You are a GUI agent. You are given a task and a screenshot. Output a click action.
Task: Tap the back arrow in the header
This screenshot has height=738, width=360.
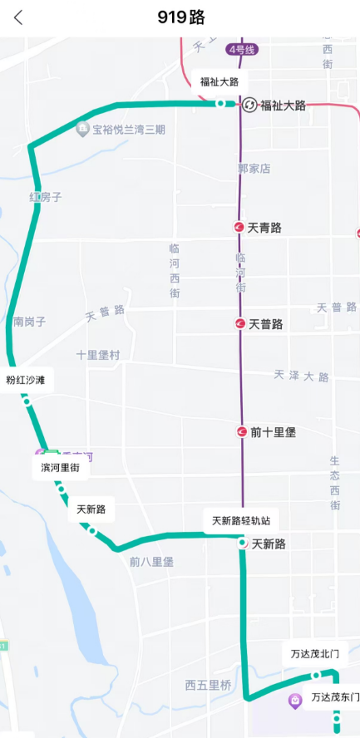(x=18, y=17)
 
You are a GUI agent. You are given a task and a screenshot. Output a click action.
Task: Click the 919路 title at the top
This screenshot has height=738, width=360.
(x=180, y=17)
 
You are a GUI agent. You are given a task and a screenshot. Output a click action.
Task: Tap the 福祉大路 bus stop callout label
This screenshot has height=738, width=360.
(x=219, y=81)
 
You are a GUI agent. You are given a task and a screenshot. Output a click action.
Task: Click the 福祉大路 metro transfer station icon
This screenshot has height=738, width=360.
(x=249, y=105)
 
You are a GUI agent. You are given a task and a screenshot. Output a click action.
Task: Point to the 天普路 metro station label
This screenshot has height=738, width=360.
(x=266, y=324)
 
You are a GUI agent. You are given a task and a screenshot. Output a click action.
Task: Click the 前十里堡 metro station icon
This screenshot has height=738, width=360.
(x=240, y=432)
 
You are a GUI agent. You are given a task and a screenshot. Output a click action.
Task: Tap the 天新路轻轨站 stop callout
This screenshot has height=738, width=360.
(x=241, y=521)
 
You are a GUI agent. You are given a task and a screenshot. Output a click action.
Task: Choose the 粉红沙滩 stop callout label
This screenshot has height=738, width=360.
(x=26, y=380)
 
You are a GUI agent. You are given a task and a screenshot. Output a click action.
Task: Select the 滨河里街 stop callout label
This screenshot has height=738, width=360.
(x=61, y=468)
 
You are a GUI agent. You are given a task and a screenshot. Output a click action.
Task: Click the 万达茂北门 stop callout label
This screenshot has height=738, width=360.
(x=314, y=653)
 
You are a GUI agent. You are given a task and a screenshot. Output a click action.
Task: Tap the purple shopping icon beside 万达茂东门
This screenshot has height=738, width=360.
(x=295, y=701)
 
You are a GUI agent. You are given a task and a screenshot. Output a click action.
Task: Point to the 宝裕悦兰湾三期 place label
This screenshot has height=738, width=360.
(x=129, y=130)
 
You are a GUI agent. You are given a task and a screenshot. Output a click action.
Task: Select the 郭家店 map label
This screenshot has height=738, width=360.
(x=254, y=169)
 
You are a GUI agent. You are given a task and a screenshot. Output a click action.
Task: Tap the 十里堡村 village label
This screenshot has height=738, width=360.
(x=98, y=355)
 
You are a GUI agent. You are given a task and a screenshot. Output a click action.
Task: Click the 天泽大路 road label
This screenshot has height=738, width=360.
(x=301, y=376)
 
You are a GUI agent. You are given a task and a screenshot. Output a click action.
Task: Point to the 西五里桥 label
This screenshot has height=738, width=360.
(x=208, y=686)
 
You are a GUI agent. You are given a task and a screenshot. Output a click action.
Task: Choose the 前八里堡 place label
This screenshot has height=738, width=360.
(x=151, y=562)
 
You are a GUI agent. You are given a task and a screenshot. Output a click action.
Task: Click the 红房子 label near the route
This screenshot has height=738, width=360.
(x=46, y=198)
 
